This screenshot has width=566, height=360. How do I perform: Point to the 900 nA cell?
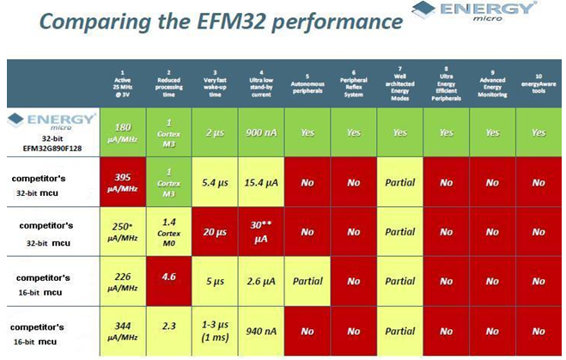[x=260, y=132]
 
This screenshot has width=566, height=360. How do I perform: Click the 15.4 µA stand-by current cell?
[x=260, y=182]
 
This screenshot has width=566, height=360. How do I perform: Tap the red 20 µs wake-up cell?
[x=215, y=232]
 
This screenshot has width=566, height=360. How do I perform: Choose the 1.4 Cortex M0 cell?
[x=168, y=232]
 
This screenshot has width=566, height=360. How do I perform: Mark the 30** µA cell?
[x=260, y=232]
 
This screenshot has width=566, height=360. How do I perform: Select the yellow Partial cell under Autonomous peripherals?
[x=307, y=281]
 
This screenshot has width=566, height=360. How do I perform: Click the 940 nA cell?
[x=260, y=329]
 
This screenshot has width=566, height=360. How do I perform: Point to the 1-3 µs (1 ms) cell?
[x=215, y=331]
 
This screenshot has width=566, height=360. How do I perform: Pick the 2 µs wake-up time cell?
[x=215, y=132]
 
